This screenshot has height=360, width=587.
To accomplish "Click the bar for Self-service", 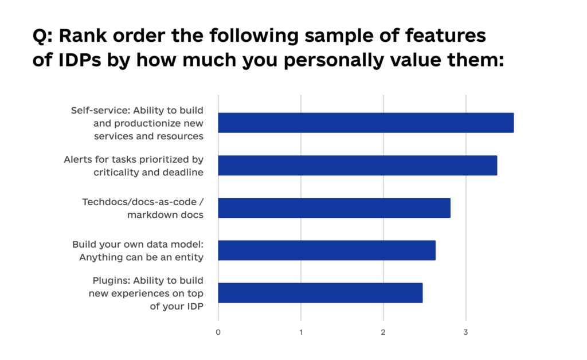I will pyautogui.click(x=366, y=123).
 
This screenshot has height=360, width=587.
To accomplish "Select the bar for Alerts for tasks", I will pyautogui.click(x=358, y=165).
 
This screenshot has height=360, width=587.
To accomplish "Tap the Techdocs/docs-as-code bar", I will pyautogui.click(x=334, y=208).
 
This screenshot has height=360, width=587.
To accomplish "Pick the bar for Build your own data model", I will pyautogui.click(x=327, y=250).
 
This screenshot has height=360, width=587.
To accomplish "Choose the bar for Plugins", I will pyautogui.click(x=320, y=292).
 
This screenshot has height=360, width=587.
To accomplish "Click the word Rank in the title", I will pyautogui.click(x=85, y=36).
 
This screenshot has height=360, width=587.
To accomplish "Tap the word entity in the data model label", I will pyautogui.click(x=189, y=257).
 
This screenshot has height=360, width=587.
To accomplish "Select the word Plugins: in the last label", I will pyautogui.click(x=111, y=280).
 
